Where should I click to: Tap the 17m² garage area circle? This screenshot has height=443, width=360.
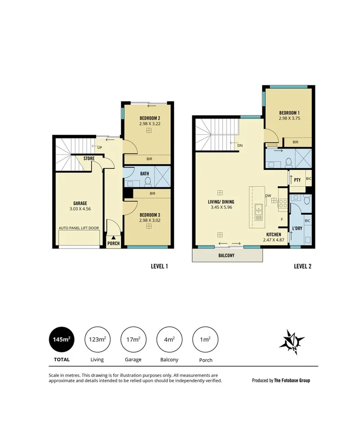(133, 340)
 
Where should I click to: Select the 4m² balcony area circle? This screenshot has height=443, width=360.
(169, 340)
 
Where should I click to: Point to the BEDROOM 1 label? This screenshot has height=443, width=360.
(289, 113)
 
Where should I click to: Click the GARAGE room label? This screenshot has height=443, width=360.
(80, 203)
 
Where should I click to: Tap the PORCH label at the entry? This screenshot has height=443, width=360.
(113, 243)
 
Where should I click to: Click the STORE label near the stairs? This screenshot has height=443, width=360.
(89, 158)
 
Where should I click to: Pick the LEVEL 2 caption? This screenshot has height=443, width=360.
(302, 266)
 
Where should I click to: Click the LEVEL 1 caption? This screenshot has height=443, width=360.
(159, 266)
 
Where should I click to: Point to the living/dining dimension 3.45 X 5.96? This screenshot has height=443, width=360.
(222, 207)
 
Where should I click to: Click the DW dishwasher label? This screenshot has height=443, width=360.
(268, 196)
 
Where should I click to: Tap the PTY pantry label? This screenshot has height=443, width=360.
(297, 180)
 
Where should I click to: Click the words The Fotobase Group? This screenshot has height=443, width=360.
(292, 380)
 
